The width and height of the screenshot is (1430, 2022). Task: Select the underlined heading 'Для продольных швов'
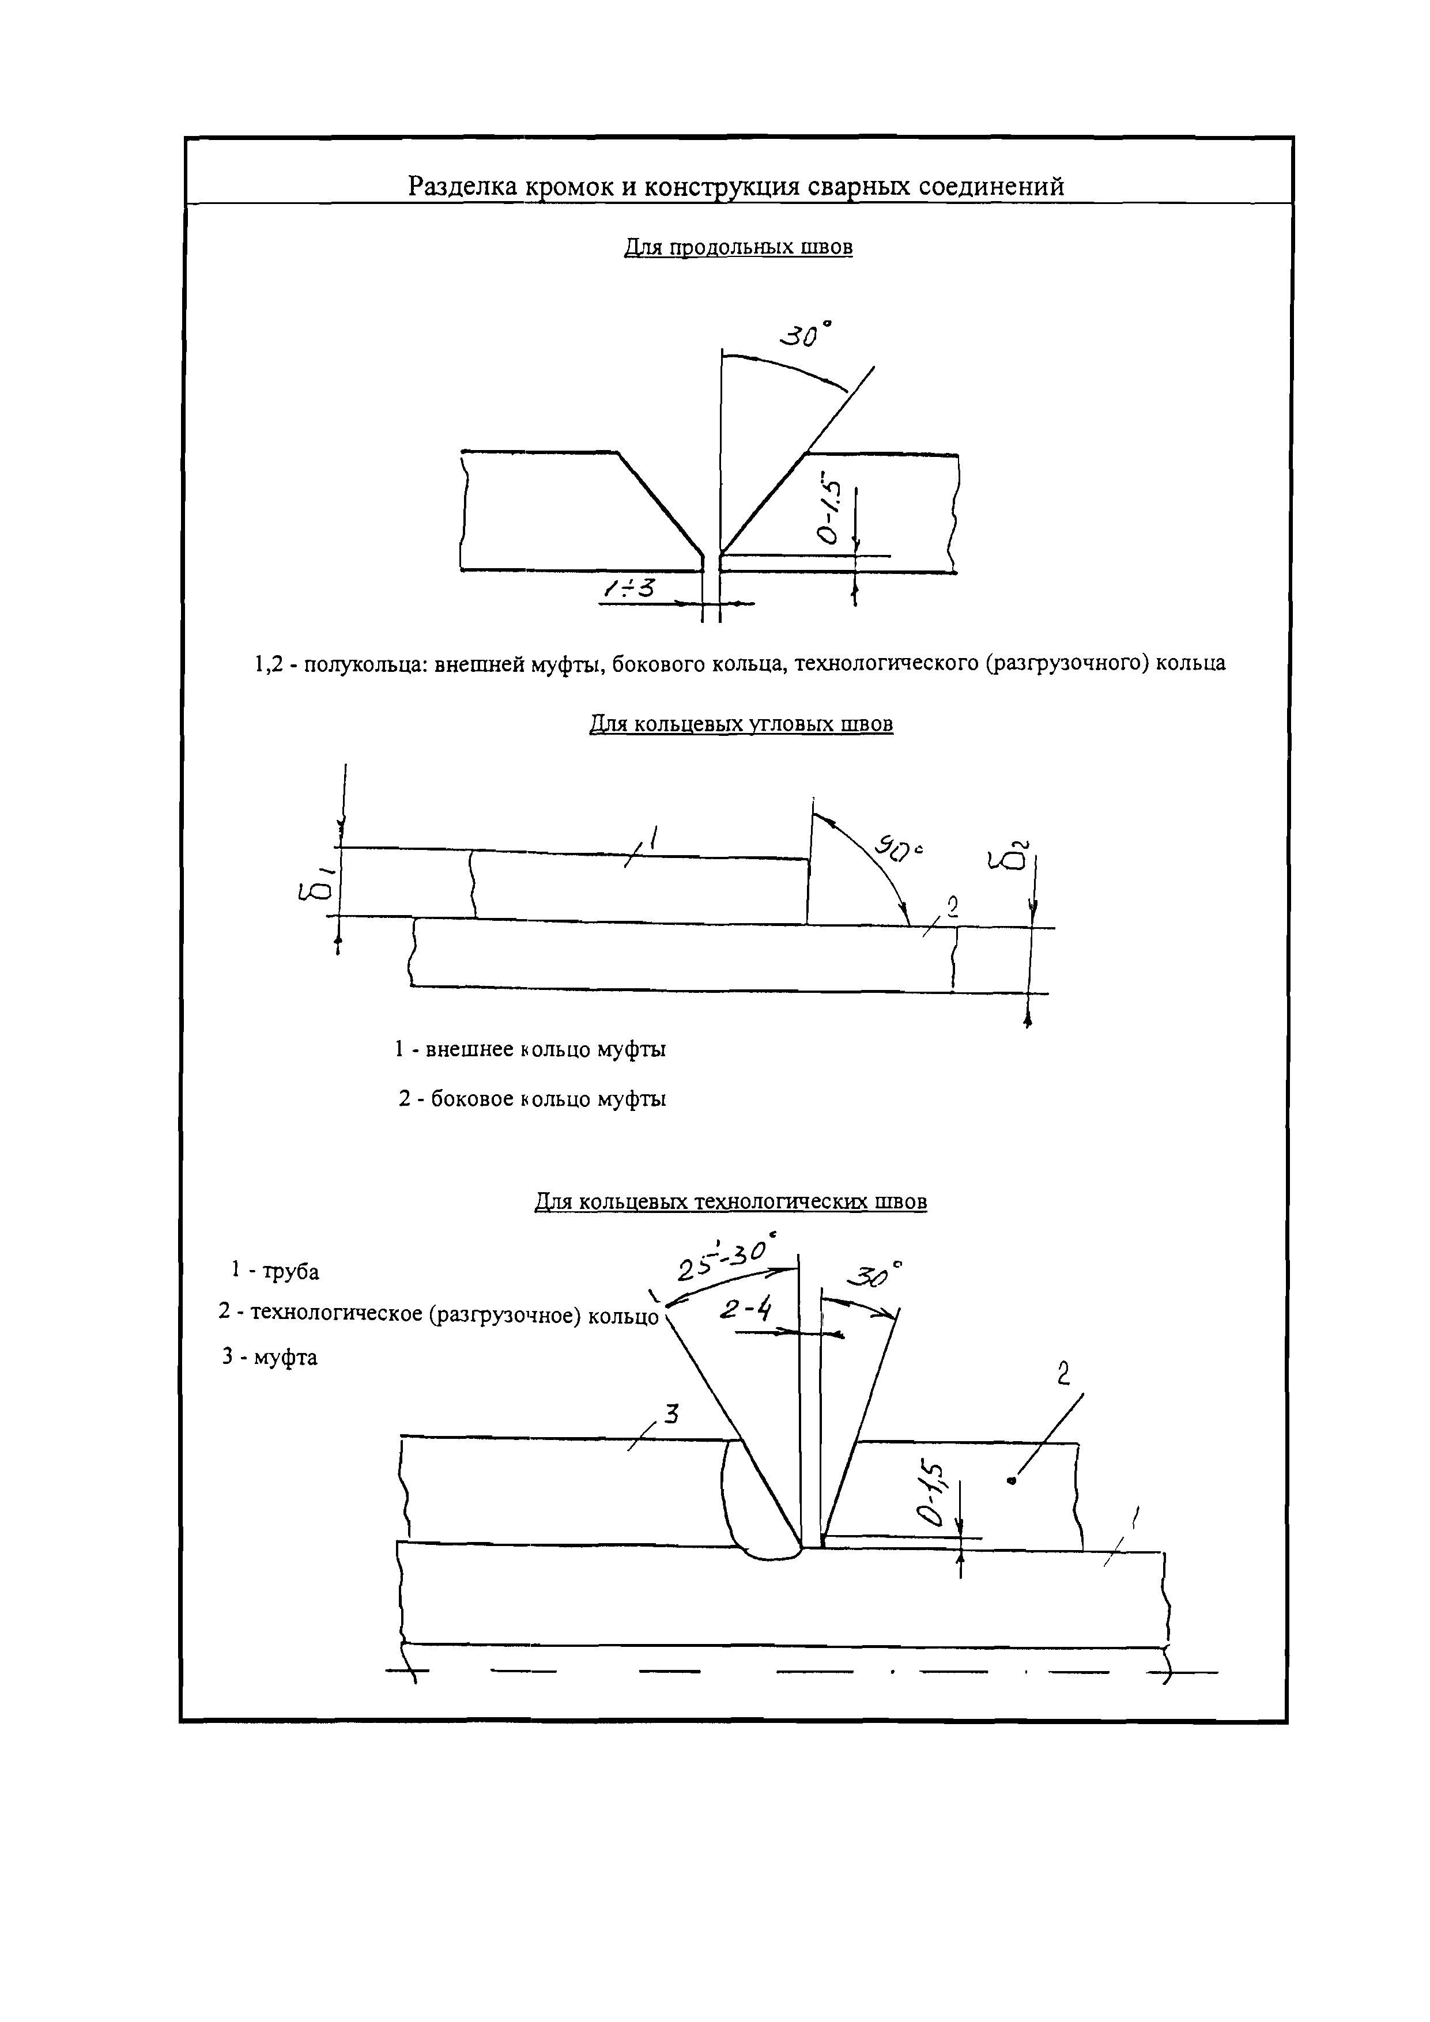737,247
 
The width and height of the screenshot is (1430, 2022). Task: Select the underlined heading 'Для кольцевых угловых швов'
740,724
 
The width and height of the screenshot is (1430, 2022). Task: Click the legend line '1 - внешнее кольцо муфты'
530,1050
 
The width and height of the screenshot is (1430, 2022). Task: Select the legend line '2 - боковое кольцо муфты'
532,1099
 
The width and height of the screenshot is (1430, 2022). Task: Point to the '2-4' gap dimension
745,1310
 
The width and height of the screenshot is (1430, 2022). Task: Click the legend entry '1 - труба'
275,1271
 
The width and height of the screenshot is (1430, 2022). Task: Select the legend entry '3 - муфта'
270,1357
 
